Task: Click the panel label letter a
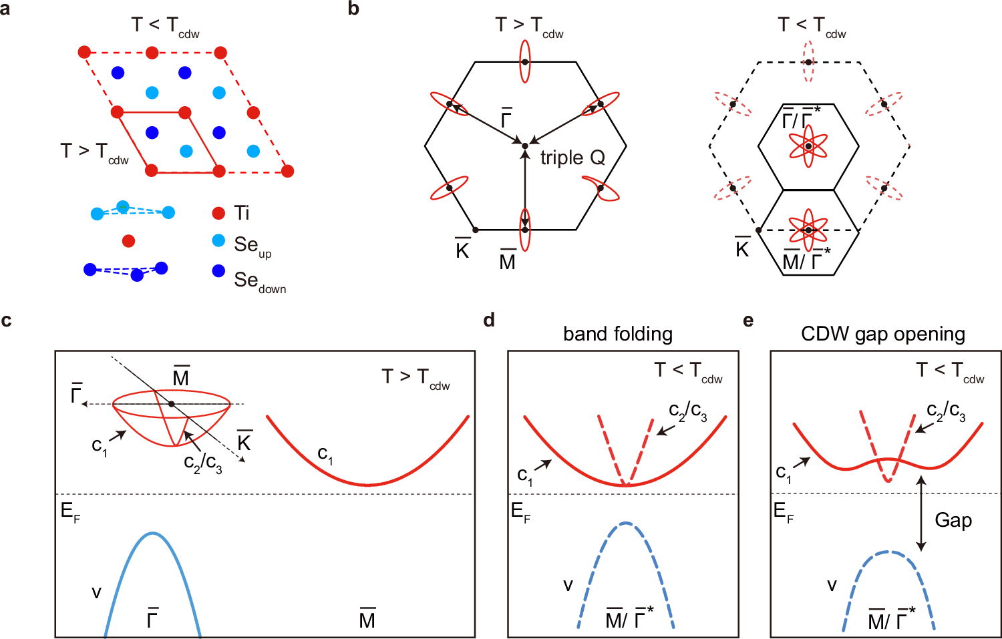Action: (5, 9)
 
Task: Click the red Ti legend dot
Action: (218, 213)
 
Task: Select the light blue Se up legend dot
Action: (218, 241)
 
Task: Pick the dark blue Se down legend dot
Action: (218, 271)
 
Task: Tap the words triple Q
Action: (572, 158)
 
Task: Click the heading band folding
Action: (617, 333)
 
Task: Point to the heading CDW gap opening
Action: (882, 333)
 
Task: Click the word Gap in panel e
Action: (953, 520)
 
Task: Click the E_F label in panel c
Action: (69, 512)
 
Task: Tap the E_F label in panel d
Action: (520, 512)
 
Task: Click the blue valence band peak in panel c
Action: (153, 534)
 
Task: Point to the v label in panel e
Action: (832, 586)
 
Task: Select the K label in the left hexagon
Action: (462, 249)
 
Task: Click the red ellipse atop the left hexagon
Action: (525, 61)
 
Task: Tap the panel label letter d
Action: (489, 321)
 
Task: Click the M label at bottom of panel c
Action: (367, 619)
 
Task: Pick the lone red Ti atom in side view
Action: (129, 241)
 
